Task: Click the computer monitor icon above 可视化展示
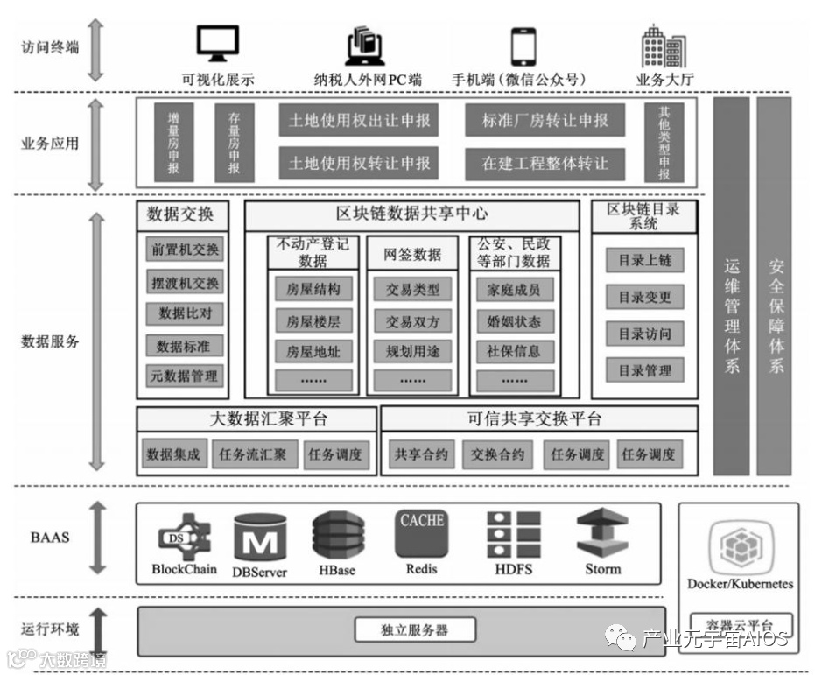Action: point(217,44)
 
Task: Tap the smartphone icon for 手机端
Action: point(523,45)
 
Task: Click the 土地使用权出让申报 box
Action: point(359,121)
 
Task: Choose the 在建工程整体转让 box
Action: point(545,163)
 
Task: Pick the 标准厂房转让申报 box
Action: point(545,121)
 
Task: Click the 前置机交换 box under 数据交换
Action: point(185,250)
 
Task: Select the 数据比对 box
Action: point(185,313)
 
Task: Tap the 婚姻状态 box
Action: point(514,321)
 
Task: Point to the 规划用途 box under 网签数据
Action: point(412,351)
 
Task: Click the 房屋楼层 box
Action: point(313,321)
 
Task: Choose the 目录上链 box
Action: point(644,260)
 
